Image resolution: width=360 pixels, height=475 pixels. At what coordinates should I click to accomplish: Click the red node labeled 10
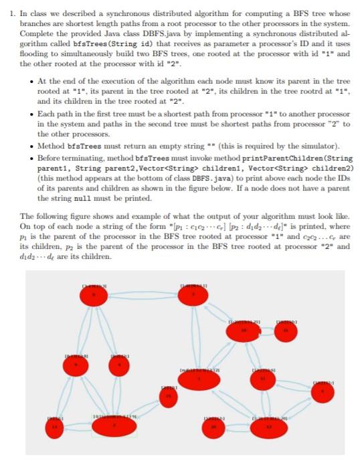pyautogui.click(x=244, y=330)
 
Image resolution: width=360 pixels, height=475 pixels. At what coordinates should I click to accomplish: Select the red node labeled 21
pyautogui.click(x=287, y=331)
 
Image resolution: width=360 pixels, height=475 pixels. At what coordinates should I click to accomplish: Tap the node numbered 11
pyautogui.click(x=262, y=380)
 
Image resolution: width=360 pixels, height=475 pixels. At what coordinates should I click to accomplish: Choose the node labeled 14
pyautogui.click(x=56, y=426)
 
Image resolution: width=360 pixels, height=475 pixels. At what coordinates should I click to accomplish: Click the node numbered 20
pyautogui.click(x=213, y=426)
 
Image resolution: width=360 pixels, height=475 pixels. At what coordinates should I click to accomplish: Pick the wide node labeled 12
pyautogui.click(x=269, y=427)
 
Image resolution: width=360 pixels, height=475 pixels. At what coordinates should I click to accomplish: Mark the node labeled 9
pyautogui.click(x=76, y=365)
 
